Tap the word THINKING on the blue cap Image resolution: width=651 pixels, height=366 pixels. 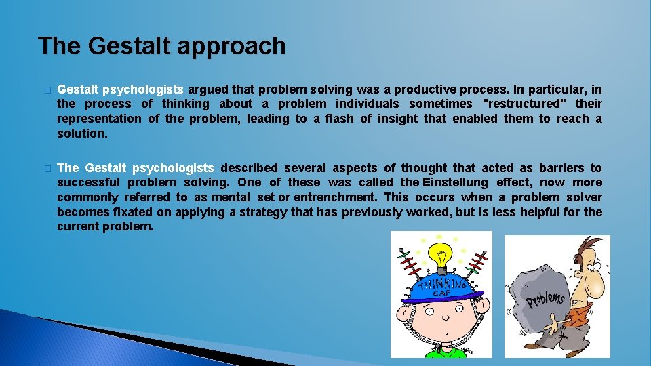[443, 285]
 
